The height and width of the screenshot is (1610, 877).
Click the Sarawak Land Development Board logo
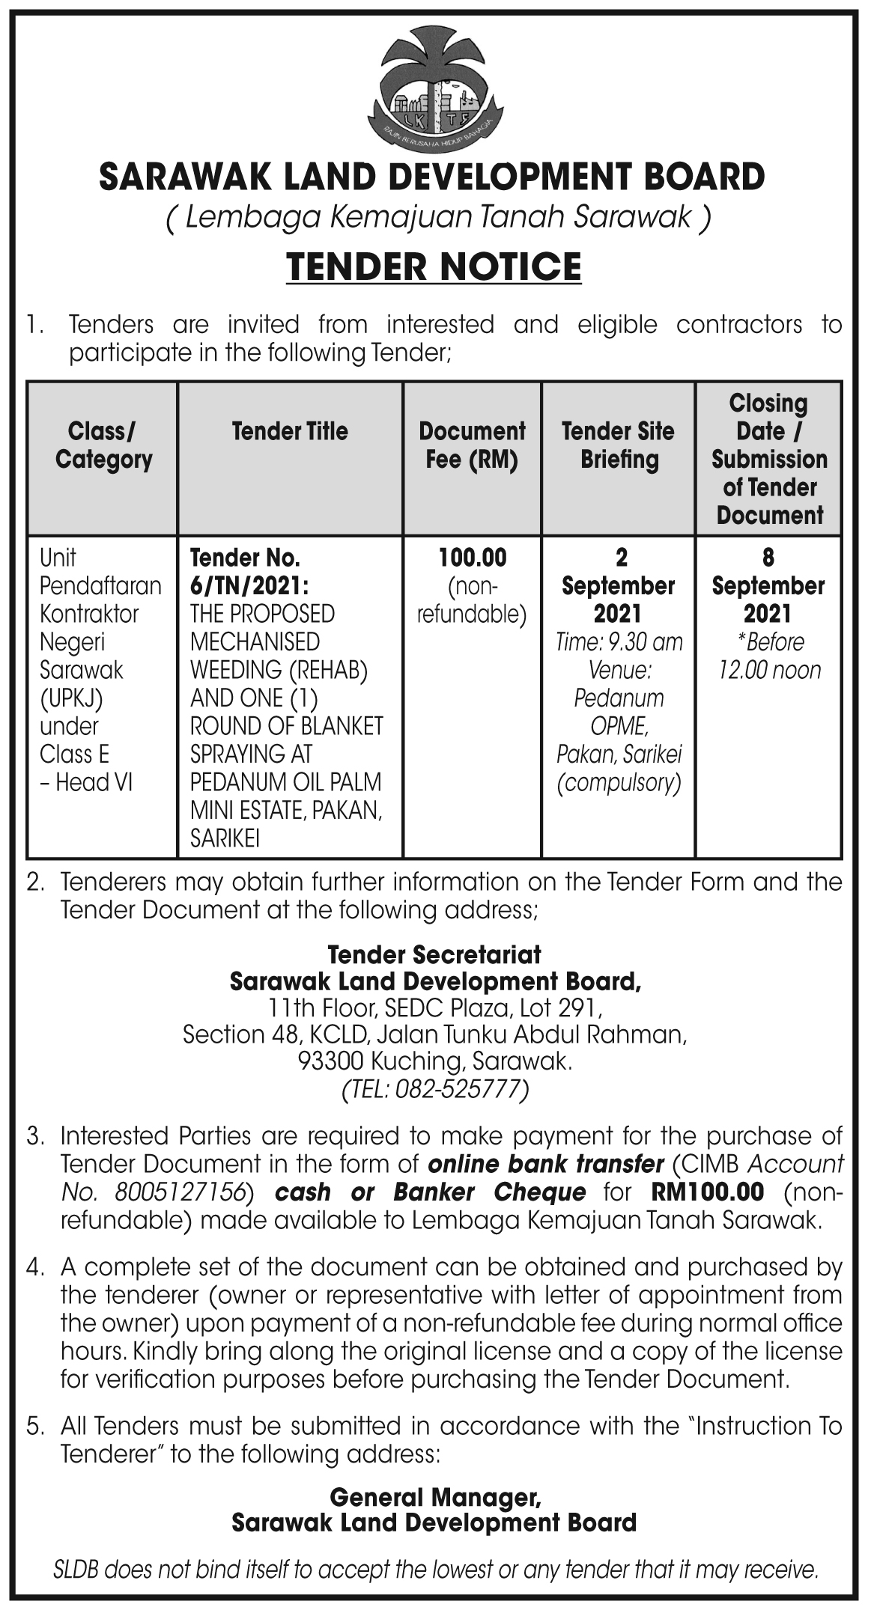434,89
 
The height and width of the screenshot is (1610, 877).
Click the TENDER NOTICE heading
434,267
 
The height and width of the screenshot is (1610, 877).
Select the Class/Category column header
103,445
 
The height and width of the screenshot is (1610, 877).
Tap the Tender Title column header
290,431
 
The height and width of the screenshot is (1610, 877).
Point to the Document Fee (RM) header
472,445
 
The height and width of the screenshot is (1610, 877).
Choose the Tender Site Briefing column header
618,445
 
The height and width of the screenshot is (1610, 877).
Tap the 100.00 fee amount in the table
472,558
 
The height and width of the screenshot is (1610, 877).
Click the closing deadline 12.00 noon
769,670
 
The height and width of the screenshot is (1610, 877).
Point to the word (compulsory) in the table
619,782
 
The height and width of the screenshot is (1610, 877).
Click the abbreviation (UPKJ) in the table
71,698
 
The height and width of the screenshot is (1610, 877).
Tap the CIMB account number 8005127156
180,1192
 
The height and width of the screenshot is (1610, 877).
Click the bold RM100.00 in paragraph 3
708,1192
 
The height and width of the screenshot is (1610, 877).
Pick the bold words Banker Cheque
489,1192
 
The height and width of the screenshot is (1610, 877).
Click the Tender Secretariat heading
434,954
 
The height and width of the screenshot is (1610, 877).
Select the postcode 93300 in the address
330,1061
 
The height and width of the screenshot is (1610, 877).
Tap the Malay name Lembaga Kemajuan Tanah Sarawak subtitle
437,218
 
